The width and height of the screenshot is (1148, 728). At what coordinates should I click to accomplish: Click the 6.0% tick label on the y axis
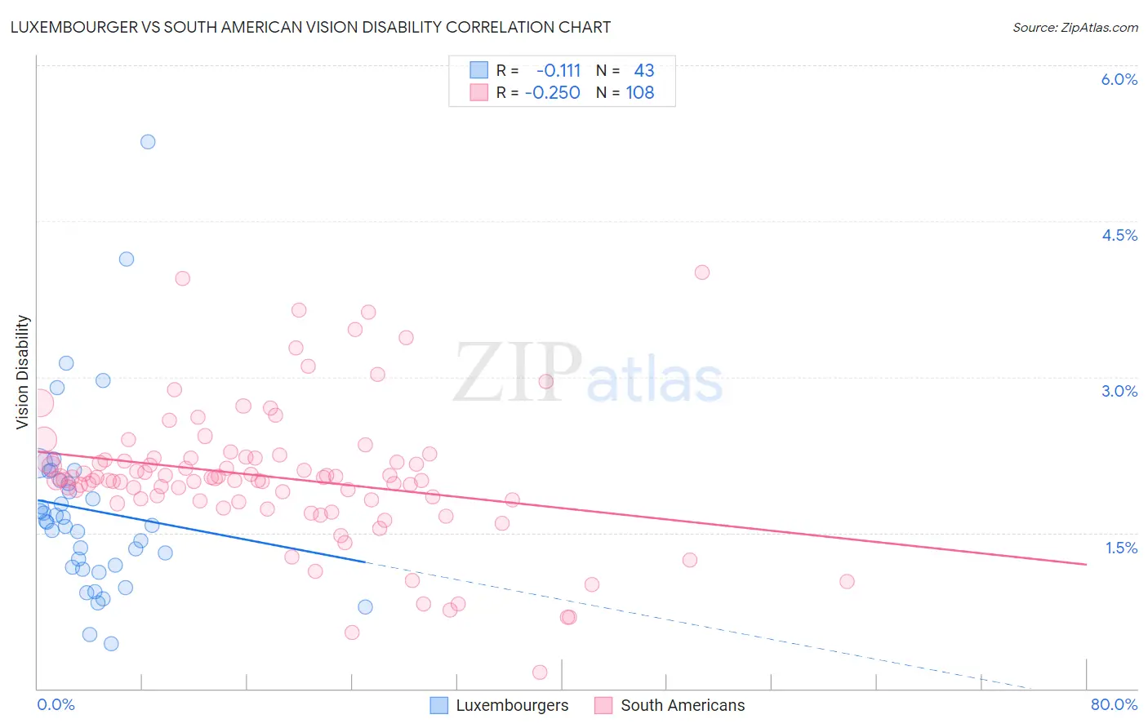pos(1119,79)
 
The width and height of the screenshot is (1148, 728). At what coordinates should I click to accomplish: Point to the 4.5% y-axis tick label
pos(1119,235)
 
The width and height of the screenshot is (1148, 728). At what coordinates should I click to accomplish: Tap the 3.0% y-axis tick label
pos(1119,391)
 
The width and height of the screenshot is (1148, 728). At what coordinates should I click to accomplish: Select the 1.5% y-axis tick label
pos(1121,548)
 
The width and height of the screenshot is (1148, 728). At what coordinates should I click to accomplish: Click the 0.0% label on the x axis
pos(56,704)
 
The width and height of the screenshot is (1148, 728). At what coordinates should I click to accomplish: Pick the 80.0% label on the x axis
pos(1114,704)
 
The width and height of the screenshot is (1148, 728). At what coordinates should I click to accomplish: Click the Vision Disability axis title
pos(23,372)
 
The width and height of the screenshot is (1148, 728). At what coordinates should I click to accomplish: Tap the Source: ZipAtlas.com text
pos(1075,27)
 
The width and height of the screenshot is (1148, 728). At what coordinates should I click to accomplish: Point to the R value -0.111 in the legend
pos(558,71)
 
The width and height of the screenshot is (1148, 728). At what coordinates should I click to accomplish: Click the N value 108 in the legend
pos(640,93)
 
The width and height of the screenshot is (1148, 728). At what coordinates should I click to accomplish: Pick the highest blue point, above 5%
pos(148,142)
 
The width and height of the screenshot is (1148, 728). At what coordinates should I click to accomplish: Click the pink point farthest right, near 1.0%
pos(847,582)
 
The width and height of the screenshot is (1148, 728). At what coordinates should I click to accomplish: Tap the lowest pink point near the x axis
pos(540,673)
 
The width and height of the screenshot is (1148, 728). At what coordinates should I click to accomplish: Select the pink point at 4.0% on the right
pos(702,273)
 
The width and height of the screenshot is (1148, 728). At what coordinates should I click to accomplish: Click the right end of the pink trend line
pos(1086,564)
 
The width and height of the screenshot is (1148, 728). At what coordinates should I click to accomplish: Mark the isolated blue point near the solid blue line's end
pos(365,606)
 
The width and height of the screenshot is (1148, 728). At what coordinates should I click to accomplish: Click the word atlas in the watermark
pos(655,380)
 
